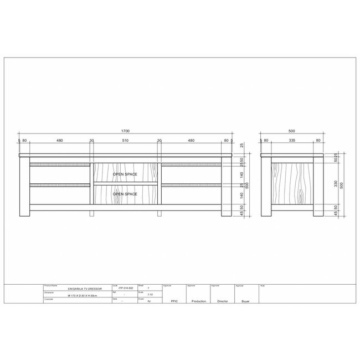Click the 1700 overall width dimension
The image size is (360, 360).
click(x=125, y=132)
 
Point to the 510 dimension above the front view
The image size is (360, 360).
click(x=125, y=141)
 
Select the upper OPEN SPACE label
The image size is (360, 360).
click(x=125, y=174)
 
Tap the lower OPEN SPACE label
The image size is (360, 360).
click(x=125, y=194)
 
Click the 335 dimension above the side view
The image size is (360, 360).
click(x=291, y=141)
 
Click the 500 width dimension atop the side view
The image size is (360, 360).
click(x=291, y=132)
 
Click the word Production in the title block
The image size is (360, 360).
click(x=198, y=301)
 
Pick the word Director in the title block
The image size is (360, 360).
click(x=223, y=301)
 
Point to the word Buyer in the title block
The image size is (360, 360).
click(x=246, y=301)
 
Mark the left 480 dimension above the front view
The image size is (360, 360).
click(x=59, y=141)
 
